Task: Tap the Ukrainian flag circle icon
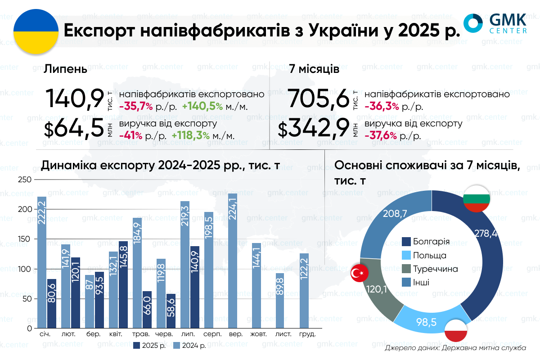(x=36, y=31)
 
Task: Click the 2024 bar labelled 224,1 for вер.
(x=233, y=261)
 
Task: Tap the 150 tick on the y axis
(x=27, y=239)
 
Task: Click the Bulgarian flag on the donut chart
(x=476, y=198)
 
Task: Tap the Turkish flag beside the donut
(x=360, y=273)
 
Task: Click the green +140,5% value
(x=203, y=107)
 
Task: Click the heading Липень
(x=65, y=70)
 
